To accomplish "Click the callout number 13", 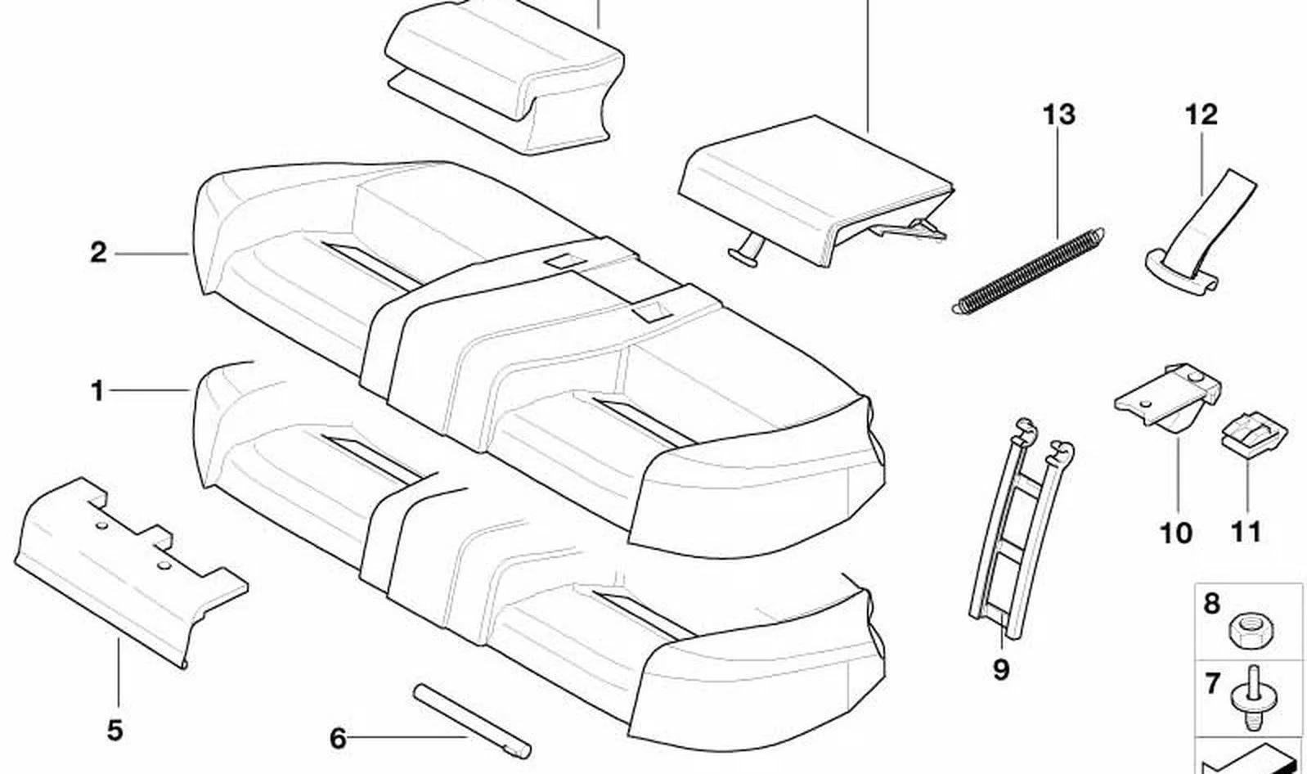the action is coord(1058,115).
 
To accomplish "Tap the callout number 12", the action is coord(1201,115).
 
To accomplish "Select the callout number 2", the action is coord(99,253).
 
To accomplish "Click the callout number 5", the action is coord(115,730).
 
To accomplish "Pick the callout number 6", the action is coord(338,738).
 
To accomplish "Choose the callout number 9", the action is coord(1000,669).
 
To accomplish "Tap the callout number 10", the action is coord(1175,533).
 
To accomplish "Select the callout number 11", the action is coord(1246,533).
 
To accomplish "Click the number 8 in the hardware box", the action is coord(1212,604).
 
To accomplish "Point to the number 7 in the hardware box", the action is coord(1212,683).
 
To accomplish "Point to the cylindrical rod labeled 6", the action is coord(472,721).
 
